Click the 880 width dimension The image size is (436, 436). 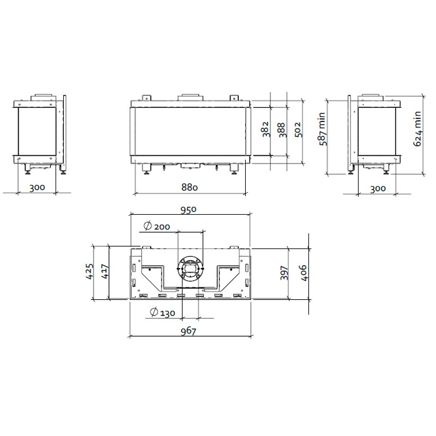(189, 187)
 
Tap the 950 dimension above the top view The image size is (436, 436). (188, 209)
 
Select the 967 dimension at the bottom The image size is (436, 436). (188, 331)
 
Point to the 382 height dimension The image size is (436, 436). (266, 129)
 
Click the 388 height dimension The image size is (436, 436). (282, 130)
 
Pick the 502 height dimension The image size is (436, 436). (298, 130)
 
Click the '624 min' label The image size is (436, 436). (417, 129)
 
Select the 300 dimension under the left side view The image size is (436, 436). (37, 187)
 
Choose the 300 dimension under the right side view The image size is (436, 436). (378, 189)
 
